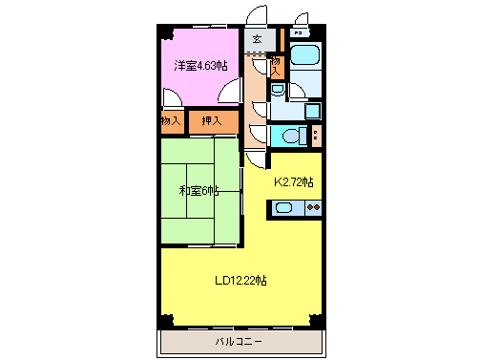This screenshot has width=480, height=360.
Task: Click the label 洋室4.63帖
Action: point(200,66)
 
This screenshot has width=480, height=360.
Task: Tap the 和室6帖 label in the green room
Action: point(199,190)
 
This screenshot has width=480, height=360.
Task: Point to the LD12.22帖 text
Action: point(240,281)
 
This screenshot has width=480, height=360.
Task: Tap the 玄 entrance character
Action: point(258,39)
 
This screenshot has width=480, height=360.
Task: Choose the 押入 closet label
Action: point(211,121)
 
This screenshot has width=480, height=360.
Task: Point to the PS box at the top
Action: point(300,32)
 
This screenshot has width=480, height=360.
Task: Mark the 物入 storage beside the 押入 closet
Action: point(171,121)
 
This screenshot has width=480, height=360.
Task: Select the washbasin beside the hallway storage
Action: point(276,91)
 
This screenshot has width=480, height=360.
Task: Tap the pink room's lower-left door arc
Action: point(170,99)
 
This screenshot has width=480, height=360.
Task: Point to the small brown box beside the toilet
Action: point(316,134)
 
